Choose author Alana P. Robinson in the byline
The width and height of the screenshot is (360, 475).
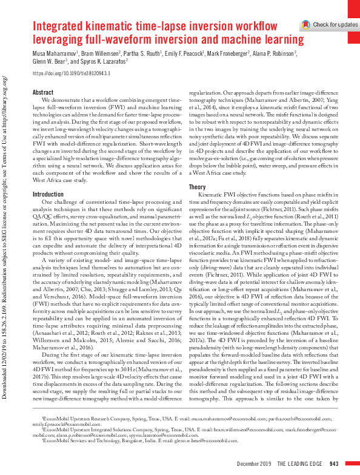[x=276, y=53]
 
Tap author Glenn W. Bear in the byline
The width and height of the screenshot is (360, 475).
[x=51, y=62]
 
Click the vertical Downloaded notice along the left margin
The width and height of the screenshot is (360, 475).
[x=6, y=243]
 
